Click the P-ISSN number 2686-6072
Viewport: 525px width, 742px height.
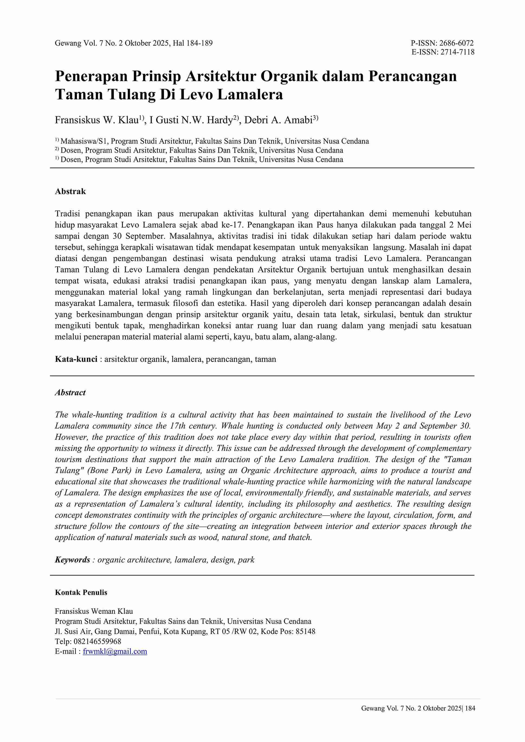(x=456, y=43)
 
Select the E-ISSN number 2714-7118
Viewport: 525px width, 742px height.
(x=456, y=52)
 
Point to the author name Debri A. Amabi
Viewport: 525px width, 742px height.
(x=278, y=120)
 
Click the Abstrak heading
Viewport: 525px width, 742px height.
(x=70, y=191)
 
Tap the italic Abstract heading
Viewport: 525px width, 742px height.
(x=70, y=393)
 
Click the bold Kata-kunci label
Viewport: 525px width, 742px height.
(x=76, y=359)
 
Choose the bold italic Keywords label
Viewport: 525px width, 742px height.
(x=72, y=560)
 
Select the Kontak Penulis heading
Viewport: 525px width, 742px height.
(x=81, y=593)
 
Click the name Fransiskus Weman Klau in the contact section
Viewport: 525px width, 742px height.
(x=94, y=611)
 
